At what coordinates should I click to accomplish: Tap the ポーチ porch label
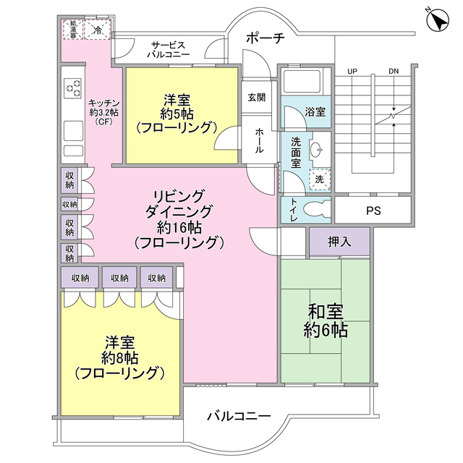265,38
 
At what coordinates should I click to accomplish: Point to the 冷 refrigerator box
98,30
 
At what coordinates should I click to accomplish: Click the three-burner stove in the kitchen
74,90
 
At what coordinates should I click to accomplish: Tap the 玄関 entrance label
256,97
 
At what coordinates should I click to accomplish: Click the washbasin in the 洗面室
316,150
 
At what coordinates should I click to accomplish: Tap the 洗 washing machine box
319,178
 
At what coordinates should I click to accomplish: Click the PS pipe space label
373,211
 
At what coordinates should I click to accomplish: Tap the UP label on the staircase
352,71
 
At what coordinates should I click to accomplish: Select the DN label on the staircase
393,71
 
